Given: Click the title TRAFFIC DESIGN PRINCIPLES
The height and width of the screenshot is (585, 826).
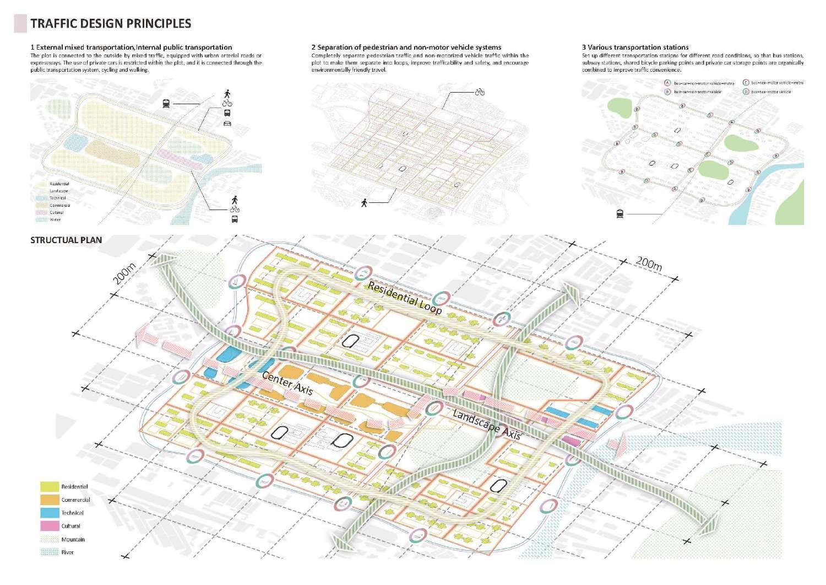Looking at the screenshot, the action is click(x=111, y=24).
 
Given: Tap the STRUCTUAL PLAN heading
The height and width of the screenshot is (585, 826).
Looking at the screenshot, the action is click(x=66, y=240).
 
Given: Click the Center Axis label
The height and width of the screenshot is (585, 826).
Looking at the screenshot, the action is click(x=287, y=383).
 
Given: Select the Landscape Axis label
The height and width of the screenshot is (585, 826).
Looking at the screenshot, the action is click(x=487, y=424).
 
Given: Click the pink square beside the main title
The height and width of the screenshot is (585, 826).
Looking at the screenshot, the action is click(x=20, y=24).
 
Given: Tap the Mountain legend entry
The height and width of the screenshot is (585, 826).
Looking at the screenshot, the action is click(x=73, y=539).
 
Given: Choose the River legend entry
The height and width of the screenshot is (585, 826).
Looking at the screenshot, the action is click(x=67, y=552).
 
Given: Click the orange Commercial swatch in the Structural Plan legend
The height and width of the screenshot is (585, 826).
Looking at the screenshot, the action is click(x=50, y=500).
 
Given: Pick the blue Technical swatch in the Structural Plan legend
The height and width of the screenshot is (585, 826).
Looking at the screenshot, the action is click(x=50, y=513).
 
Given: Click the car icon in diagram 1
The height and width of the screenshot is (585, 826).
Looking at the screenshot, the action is click(x=227, y=123).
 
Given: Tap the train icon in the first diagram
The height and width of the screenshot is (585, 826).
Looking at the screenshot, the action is click(x=166, y=103).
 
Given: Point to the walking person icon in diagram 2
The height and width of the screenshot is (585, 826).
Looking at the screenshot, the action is click(x=364, y=203).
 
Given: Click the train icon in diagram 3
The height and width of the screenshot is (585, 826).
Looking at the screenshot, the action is click(x=620, y=214).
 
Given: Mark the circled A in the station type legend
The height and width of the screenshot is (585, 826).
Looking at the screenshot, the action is click(x=667, y=83).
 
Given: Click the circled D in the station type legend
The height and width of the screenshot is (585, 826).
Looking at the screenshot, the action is click(x=746, y=92).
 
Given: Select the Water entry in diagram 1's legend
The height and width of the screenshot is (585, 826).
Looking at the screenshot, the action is click(x=55, y=219).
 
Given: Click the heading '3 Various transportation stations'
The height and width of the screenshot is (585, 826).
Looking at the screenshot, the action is click(x=635, y=47).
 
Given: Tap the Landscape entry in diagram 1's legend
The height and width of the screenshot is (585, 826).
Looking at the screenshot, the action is click(x=58, y=191).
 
